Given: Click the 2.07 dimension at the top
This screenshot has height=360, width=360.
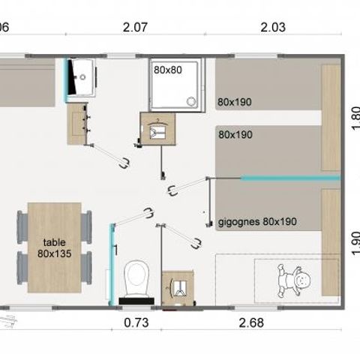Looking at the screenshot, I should (x=136, y=27).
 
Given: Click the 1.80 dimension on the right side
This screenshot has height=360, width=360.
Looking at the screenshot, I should (x=355, y=118).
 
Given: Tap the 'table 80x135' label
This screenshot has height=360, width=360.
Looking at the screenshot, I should (x=54, y=247).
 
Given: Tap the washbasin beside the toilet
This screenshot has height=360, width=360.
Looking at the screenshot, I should (x=178, y=286).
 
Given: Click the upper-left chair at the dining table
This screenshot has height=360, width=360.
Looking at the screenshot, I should (x=23, y=223).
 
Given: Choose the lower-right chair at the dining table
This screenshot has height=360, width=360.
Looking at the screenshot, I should (x=86, y=265).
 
